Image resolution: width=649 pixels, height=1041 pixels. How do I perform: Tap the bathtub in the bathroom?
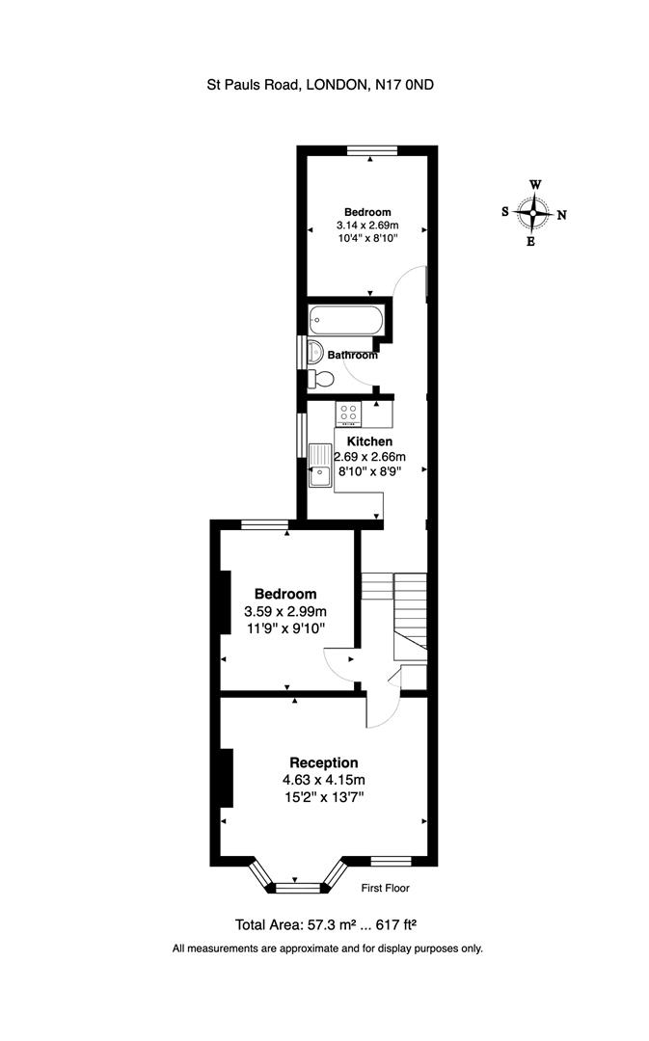(345, 320)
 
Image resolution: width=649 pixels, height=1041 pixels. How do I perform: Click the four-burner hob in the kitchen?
(348, 414)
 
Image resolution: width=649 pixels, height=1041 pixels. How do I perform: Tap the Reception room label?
(324, 762)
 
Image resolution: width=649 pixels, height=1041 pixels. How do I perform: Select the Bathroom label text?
(352, 355)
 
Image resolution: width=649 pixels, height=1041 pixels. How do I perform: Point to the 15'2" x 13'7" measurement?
(324, 797)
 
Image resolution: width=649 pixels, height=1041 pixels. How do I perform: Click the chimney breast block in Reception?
(227, 777)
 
